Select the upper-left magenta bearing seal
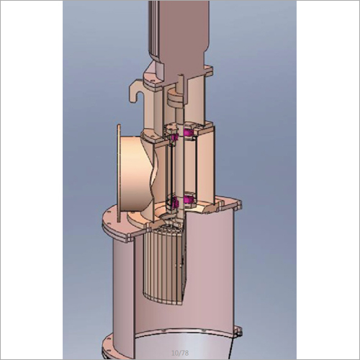click(172, 133)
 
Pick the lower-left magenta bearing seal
click(173, 199)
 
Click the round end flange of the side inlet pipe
click(116, 173)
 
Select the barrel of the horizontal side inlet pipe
click(133, 173)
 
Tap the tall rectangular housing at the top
click(176, 29)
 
